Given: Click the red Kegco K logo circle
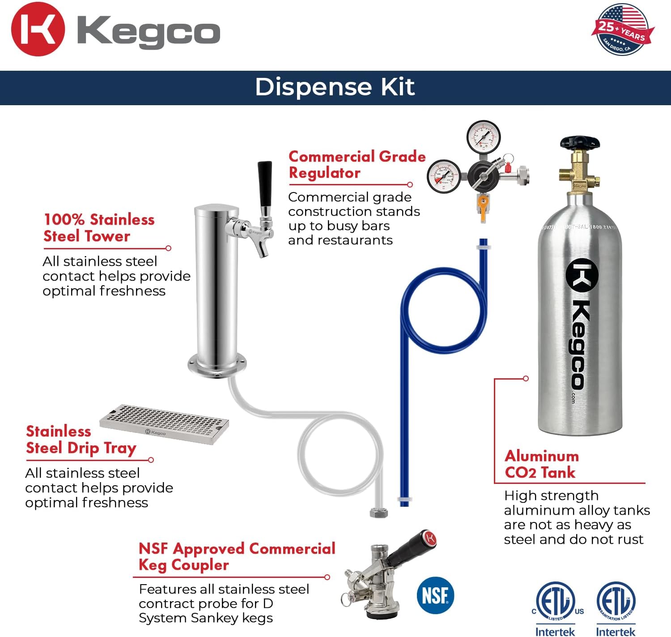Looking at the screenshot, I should pos(38,29).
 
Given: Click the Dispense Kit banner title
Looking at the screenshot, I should pos(335,87).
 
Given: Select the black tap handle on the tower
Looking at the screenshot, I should pos(265,184).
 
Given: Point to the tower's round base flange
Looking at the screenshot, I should pos(217,364).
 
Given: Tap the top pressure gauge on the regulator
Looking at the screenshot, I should pos(483,136).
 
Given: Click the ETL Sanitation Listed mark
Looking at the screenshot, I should pos(616,602).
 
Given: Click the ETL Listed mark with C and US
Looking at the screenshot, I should pos(556,602).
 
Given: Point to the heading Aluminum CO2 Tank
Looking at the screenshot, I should pos(542,464).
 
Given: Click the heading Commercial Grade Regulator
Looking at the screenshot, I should pos(357,164).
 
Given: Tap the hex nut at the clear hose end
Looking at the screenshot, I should pos(379,512).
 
